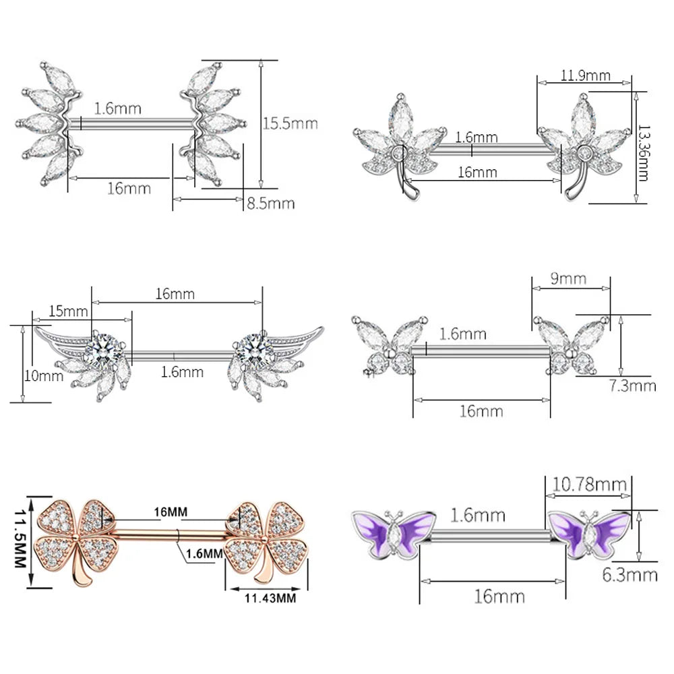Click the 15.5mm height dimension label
(290, 124)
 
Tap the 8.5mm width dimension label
(271, 204)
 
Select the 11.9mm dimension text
(586, 75)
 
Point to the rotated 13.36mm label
(644, 154)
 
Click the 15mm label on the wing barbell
(68, 311)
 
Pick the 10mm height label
(43, 376)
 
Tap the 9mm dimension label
(568, 278)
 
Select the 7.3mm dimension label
(633, 386)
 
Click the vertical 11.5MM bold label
(21, 539)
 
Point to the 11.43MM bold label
(270, 598)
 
